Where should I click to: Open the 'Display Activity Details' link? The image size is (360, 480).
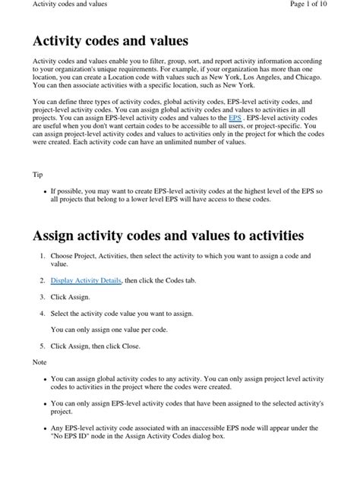(86, 280)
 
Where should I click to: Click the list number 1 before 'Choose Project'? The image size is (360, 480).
(42, 257)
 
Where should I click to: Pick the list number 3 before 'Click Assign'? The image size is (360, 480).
(42, 297)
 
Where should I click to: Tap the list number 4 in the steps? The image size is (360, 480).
(42, 313)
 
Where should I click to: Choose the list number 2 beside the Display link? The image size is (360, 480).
(42, 280)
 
